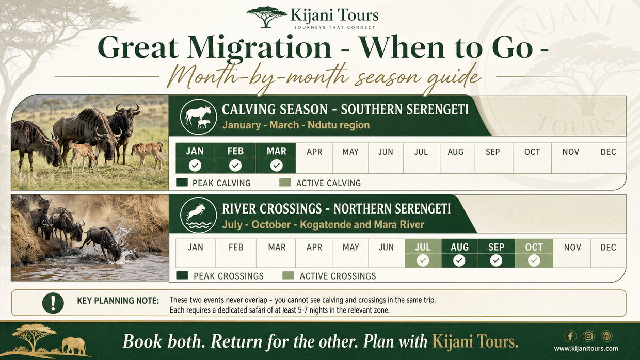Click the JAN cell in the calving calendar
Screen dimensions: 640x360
coord(195,158)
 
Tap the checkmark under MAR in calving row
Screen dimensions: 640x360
coord(276,166)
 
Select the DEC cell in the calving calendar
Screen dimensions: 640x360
coord(608,158)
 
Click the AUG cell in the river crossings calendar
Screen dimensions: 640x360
coord(459,253)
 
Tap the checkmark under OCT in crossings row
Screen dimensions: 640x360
coord(534,260)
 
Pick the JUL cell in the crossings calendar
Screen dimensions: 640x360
coord(423,253)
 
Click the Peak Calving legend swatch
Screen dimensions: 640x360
coord(182,183)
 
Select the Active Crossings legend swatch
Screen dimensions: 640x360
coord(288,275)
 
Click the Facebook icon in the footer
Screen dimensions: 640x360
coord(570,336)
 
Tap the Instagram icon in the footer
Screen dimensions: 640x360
coord(588,336)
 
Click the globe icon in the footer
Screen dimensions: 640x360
coord(606,336)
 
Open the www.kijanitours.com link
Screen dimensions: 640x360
coord(586,349)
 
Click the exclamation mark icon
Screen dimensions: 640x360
coord(53,303)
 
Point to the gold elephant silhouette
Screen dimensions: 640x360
coord(74,346)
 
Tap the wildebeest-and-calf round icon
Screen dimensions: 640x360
coord(199,117)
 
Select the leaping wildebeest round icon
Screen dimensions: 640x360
coord(199,215)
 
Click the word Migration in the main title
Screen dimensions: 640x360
coord(260,47)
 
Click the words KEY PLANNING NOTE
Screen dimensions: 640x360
coord(118,301)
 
